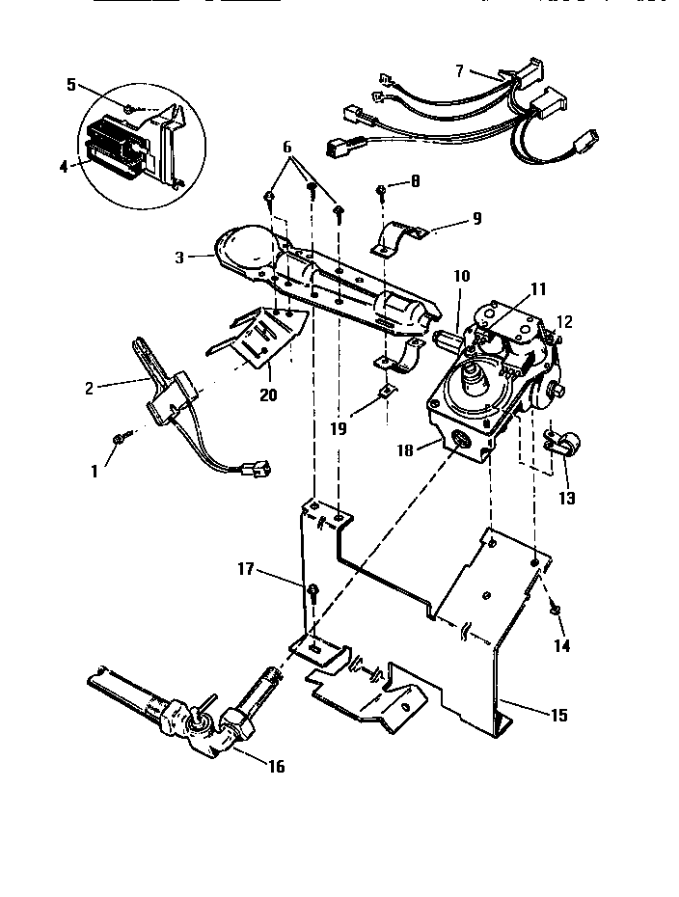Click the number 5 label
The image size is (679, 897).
[71, 84]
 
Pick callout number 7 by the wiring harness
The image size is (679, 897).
[459, 70]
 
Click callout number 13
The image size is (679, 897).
[566, 498]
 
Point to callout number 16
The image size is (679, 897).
[278, 767]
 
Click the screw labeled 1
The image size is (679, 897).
[118, 439]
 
